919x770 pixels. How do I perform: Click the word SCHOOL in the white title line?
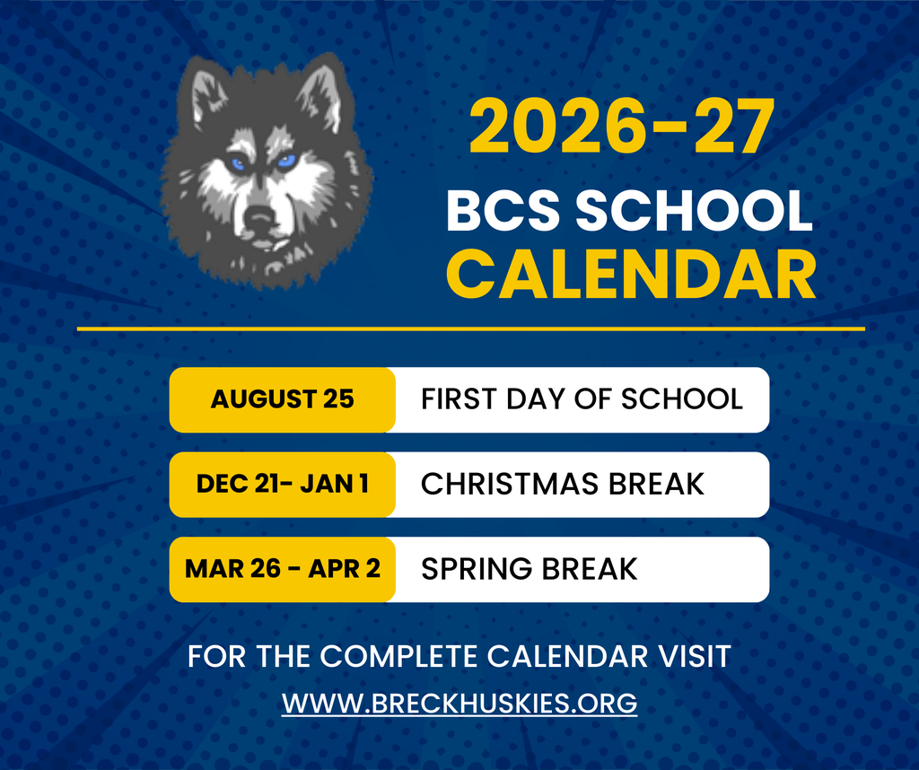tap(693, 212)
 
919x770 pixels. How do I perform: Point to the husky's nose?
tap(260, 216)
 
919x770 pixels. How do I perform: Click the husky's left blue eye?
tap(238, 164)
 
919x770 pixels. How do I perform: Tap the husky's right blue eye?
tap(286, 162)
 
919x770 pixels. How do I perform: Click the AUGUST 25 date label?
tap(283, 399)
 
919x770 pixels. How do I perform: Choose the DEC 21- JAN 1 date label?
tap(283, 485)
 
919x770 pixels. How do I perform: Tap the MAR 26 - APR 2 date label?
tap(283, 569)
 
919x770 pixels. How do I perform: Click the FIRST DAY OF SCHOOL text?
tap(582, 399)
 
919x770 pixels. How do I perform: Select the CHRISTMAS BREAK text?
tap(563, 485)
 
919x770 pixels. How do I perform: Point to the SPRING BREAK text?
tap(530, 569)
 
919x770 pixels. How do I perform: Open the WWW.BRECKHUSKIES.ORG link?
tap(459, 702)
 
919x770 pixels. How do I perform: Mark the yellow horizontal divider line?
tap(470, 329)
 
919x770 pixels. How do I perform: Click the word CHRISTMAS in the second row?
tap(510, 485)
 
